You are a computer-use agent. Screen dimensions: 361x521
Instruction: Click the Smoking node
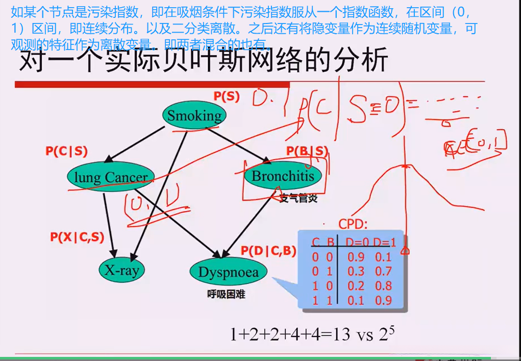click(x=194, y=115)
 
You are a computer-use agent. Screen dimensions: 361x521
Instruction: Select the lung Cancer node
click(x=110, y=177)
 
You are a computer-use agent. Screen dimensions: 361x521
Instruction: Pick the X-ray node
click(x=122, y=270)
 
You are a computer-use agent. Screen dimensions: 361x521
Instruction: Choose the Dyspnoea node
click(x=228, y=271)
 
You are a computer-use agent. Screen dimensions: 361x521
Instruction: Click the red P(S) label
click(x=226, y=97)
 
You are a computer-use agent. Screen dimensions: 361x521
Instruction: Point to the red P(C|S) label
click(x=66, y=151)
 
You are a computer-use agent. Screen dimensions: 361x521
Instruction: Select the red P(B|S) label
click(x=307, y=151)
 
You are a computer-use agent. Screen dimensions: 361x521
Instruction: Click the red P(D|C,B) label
click(x=268, y=250)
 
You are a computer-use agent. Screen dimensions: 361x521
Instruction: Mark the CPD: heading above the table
click(x=353, y=224)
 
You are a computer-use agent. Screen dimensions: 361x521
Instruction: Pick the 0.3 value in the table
click(x=357, y=271)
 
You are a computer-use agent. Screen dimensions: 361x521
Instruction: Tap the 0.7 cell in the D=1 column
click(x=383, y=271)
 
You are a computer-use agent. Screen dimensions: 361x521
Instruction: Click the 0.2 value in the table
click(x=357, y=285)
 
